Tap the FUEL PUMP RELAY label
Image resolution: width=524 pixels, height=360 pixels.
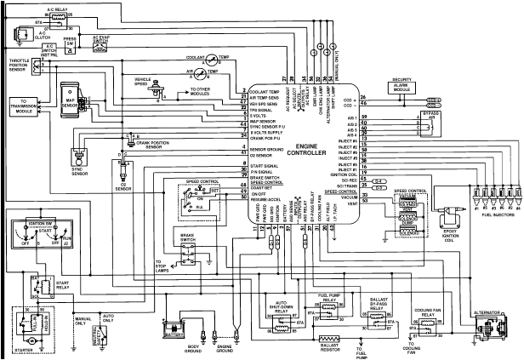pyautogui.click(x=327, y=297)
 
